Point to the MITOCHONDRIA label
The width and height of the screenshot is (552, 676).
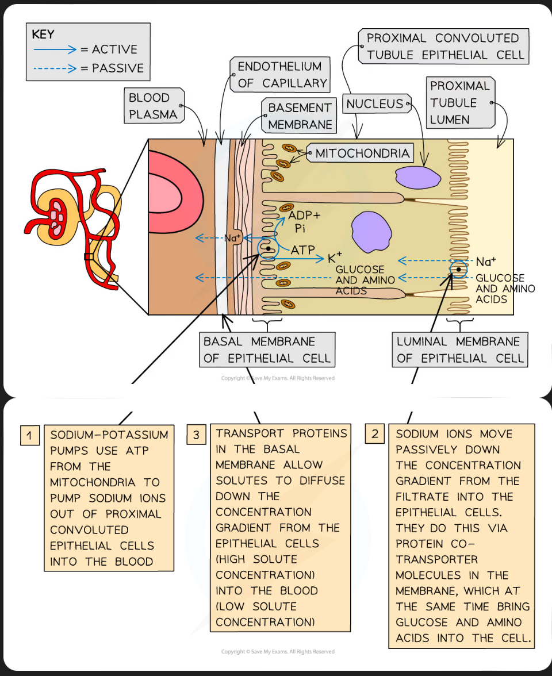pyautogui.click(x=362, y=153)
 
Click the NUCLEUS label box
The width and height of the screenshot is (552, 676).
pyautogui.click(x=375, y=104)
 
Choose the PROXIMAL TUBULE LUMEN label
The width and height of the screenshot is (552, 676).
pyautogui.click(x=461, y=103)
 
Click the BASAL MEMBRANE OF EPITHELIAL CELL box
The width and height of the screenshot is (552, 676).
pyautogui.click(x=267, y=350)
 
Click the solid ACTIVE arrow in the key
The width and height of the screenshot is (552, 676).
pyautogui.click(x=55, y=49)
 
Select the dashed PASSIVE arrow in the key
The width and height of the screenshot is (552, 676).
pyautogui.click(x=55, y=69)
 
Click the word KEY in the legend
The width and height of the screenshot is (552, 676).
pyautogui.click(x=43, y=34)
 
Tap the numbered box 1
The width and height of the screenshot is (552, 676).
pyautogui.click(x=29, y=436)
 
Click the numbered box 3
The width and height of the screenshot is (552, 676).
pyautogui.click(x=196, y=436)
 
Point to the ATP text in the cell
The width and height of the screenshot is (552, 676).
pyautogui.click(x=302, y=249)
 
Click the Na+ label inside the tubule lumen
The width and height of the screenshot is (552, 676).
pyautogui.click(x=486, y=262)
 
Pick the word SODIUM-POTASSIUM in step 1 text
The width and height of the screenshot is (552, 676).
pyautogui.click(x=109, y=435)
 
